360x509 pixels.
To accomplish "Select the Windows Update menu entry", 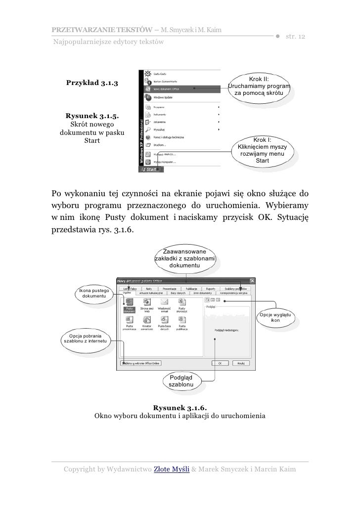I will pos(163,98).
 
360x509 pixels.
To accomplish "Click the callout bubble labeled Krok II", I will pos(259,86).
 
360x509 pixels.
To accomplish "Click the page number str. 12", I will pos(295,38).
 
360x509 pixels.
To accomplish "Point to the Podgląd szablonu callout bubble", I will pos(184,381).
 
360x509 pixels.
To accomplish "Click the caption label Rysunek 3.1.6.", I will pos(180,408).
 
